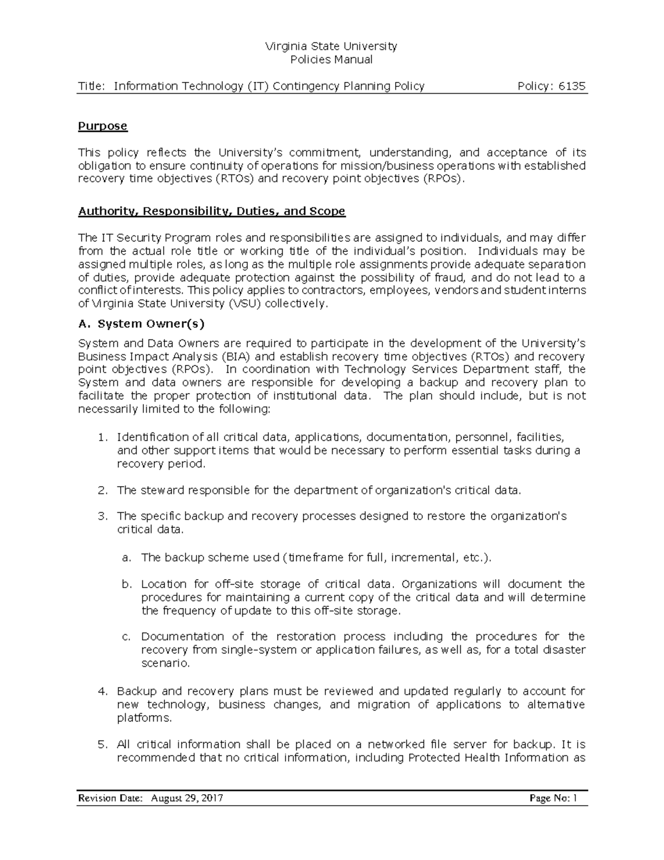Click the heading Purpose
(x=102, y=126)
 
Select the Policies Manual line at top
(x=332, y=60)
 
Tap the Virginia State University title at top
(x=332, y=46)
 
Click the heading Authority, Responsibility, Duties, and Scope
(x=211, y=211)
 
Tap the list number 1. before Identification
(x=102, y=437)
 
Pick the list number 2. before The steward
(x=102, y=490)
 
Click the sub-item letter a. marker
(x=127, y=557)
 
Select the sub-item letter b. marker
(x=127, y=584)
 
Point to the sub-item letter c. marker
(x=127, y=637)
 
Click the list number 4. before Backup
(x=102, y=691)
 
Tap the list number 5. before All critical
(x=102, y=744)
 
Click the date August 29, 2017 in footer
(x=187, y=798)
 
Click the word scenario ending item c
(x=165, y=663)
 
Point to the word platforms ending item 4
(x=144, y=718)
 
